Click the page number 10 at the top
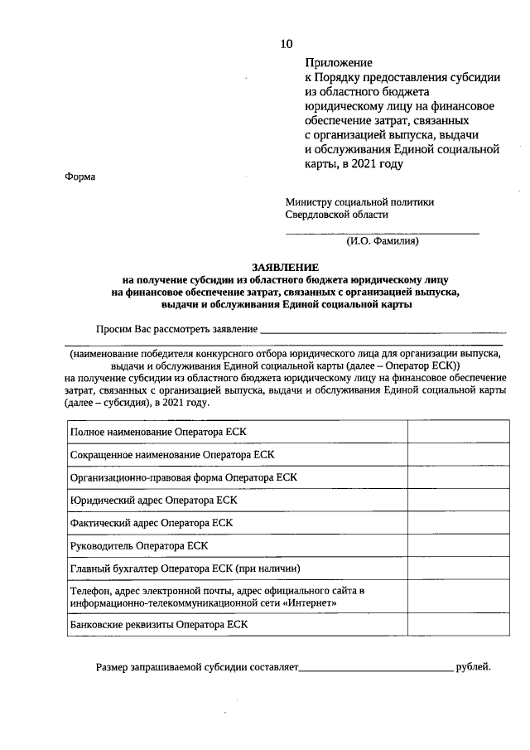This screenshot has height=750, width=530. [x=286, y=43]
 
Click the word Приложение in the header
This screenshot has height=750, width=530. [x=338, y=62]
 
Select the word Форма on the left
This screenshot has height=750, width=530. [x=79, y=177]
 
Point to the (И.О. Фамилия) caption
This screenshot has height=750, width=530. [x=382, y=242]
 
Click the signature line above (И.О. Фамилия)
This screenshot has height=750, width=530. [x=382, y=234]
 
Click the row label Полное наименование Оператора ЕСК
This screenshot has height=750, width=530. [x=158, y=432]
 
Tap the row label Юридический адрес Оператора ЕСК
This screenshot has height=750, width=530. [x=154, y=501]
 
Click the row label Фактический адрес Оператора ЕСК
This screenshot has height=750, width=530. [x=152, y=523]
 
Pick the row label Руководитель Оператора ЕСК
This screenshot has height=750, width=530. [x=139, y=545]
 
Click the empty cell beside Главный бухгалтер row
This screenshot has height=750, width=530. [x=458, y=569]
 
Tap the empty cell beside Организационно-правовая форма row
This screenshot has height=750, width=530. [x=458, y=478]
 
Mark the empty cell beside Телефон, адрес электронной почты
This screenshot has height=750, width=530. [x=458, y=597]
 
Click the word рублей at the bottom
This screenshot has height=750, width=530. [x=473, y=665]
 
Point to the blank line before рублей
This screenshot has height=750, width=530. [x=376, y=667]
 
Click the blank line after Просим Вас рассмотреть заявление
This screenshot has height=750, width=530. [x=383, y=331]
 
